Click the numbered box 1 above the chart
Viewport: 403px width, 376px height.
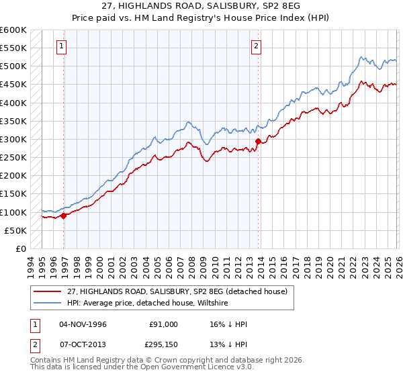[62, 46]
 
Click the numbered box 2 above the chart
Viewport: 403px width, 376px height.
[256, 46]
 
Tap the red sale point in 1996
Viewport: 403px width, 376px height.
[64, 216]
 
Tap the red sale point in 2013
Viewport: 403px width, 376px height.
[258, 141]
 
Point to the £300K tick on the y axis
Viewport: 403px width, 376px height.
[13, 139]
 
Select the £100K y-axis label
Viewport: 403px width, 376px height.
[13, 212]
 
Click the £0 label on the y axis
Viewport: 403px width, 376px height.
[20, 248]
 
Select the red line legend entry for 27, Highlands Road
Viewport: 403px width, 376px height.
[177, 291]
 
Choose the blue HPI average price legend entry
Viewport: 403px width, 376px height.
[147, 303]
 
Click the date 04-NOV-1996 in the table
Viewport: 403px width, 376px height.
[84, 324]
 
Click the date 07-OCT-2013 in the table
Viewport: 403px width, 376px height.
[84, 344]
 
